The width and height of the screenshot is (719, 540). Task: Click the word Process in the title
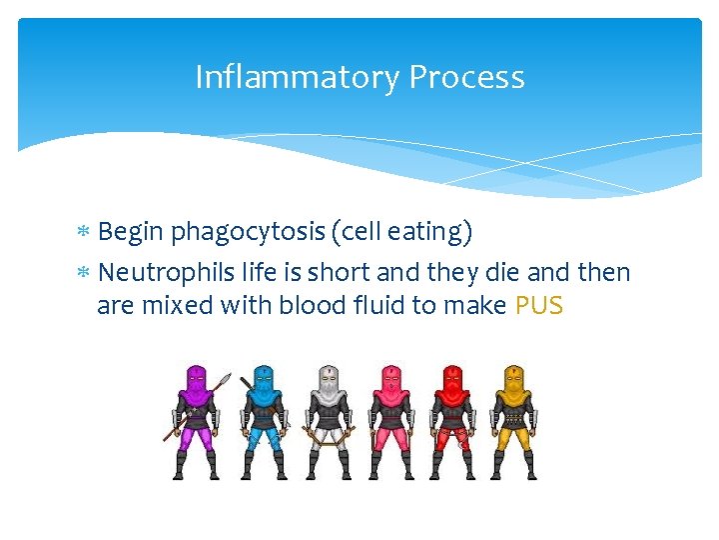coord(467,77)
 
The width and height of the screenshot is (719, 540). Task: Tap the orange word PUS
coord(539,305)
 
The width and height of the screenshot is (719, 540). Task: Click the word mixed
coord(174,305)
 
